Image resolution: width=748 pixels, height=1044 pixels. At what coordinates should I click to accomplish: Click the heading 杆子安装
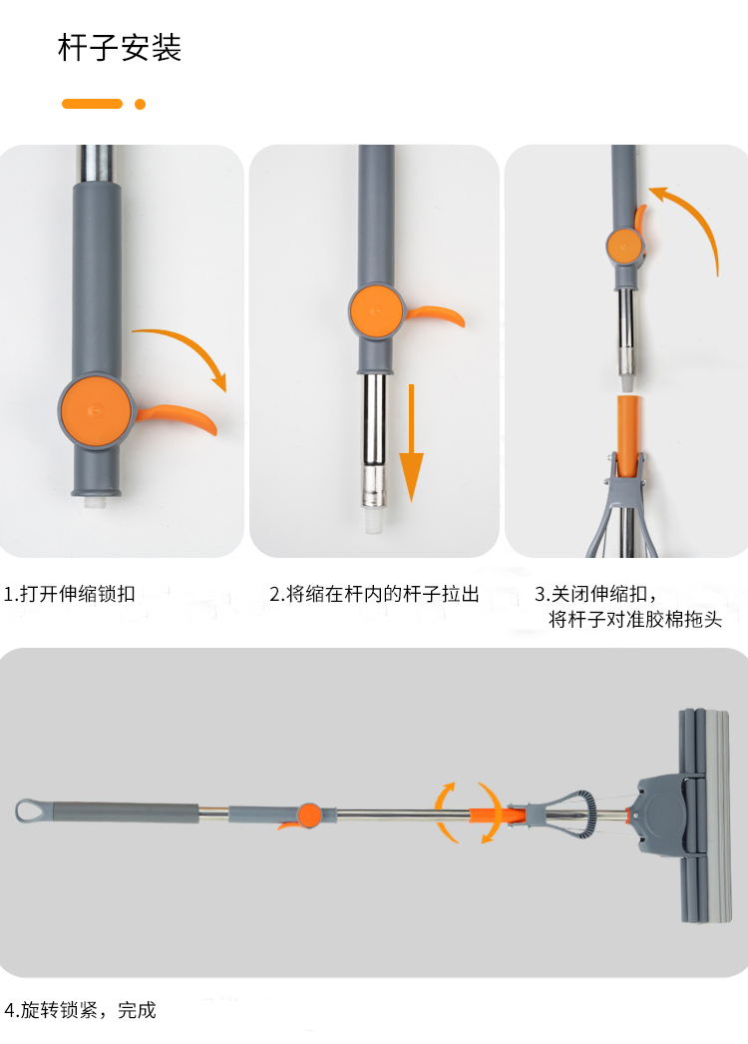pyautogui.click(x=120, y=48)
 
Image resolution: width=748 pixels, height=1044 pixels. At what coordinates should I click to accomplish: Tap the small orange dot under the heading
pyautogui.click(x=140, y=104)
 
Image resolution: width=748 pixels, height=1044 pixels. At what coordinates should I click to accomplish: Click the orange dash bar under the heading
pyautogui.click(x=92, y=104)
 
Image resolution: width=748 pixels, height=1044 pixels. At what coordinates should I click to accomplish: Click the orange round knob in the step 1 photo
pyautogui.click(x=95, y=411)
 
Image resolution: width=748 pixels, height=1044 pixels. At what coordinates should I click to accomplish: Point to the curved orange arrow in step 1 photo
pyautogui.click(x=193, y=345)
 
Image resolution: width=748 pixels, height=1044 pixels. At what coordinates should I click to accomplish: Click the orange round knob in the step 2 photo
pyautogui.click(x=377, y=311)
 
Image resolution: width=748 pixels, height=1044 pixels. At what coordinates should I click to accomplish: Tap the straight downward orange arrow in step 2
pyautogui.click(x=411, y=442)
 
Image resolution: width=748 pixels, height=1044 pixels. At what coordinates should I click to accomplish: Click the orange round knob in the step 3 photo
pyautogui.click(x=624, y=246)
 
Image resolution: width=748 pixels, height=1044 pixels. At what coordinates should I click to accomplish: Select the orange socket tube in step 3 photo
pyautogui.click(x=629, y=435)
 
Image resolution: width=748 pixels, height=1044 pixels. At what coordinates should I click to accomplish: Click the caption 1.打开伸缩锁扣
pyautogui.click(x=70, y=593)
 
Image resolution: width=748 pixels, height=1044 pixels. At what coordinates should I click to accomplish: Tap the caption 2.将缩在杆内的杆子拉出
pyautogui.click(x=374, y=593)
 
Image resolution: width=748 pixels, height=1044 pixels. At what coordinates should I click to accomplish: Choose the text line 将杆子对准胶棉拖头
pyautogui.click(x=635, y=619)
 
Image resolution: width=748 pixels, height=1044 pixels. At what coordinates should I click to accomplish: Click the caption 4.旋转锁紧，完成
pyautogui.click(x=80, y=1010)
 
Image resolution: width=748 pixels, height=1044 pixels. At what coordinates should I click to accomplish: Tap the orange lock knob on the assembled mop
pyautogui.click(x=309, y=815)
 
